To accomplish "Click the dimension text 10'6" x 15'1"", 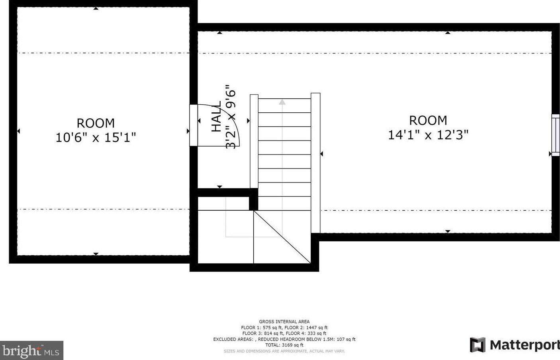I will pos(96,137).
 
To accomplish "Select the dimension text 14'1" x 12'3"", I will pos(428,135).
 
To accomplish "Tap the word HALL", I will pos(216,116).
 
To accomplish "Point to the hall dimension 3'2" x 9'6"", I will pos(231,116).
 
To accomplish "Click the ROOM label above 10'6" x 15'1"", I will pos(96,123).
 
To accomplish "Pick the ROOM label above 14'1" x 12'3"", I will pos(428,120).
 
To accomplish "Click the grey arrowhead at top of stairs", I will pos(282,102).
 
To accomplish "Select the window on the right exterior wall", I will pos(555,135).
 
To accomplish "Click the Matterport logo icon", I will pos(478,345).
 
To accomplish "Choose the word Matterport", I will pos(525,345).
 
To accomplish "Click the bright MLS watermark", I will pos(31,351).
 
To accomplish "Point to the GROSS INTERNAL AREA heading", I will pos(284,322).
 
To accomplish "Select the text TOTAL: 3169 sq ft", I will pos(284,345).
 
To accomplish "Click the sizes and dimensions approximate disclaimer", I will pos(284,351).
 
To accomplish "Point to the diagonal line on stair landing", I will pos(282,237).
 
